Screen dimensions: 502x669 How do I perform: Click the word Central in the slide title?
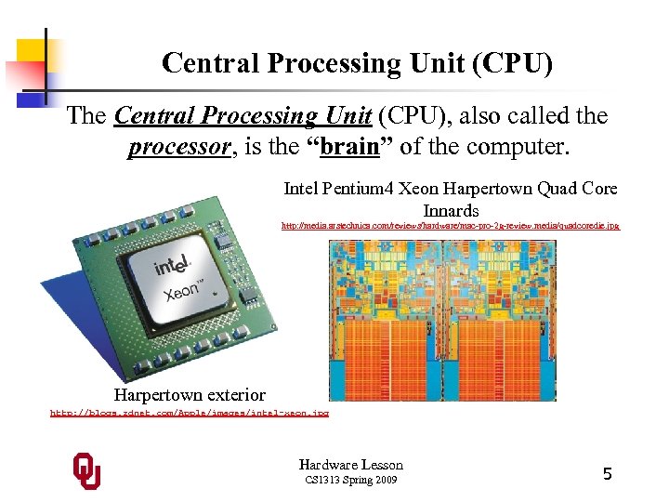click(203, 63)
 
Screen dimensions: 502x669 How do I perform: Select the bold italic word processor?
click(177, 147)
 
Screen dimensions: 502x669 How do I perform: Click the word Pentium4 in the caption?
click(359, 189)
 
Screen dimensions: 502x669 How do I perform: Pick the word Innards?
click(451, 211)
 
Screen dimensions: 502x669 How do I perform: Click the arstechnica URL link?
click(450, 226)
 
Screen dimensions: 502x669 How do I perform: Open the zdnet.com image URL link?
click(189, 411)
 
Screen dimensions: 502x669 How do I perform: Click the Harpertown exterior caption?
click(190, 395)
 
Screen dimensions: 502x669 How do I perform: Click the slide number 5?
click(607, 474)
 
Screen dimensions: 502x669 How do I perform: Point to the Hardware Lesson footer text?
click(350, 465)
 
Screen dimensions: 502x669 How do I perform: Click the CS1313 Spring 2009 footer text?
click(350, 481)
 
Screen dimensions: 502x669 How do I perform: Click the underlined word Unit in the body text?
click(345, 116)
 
